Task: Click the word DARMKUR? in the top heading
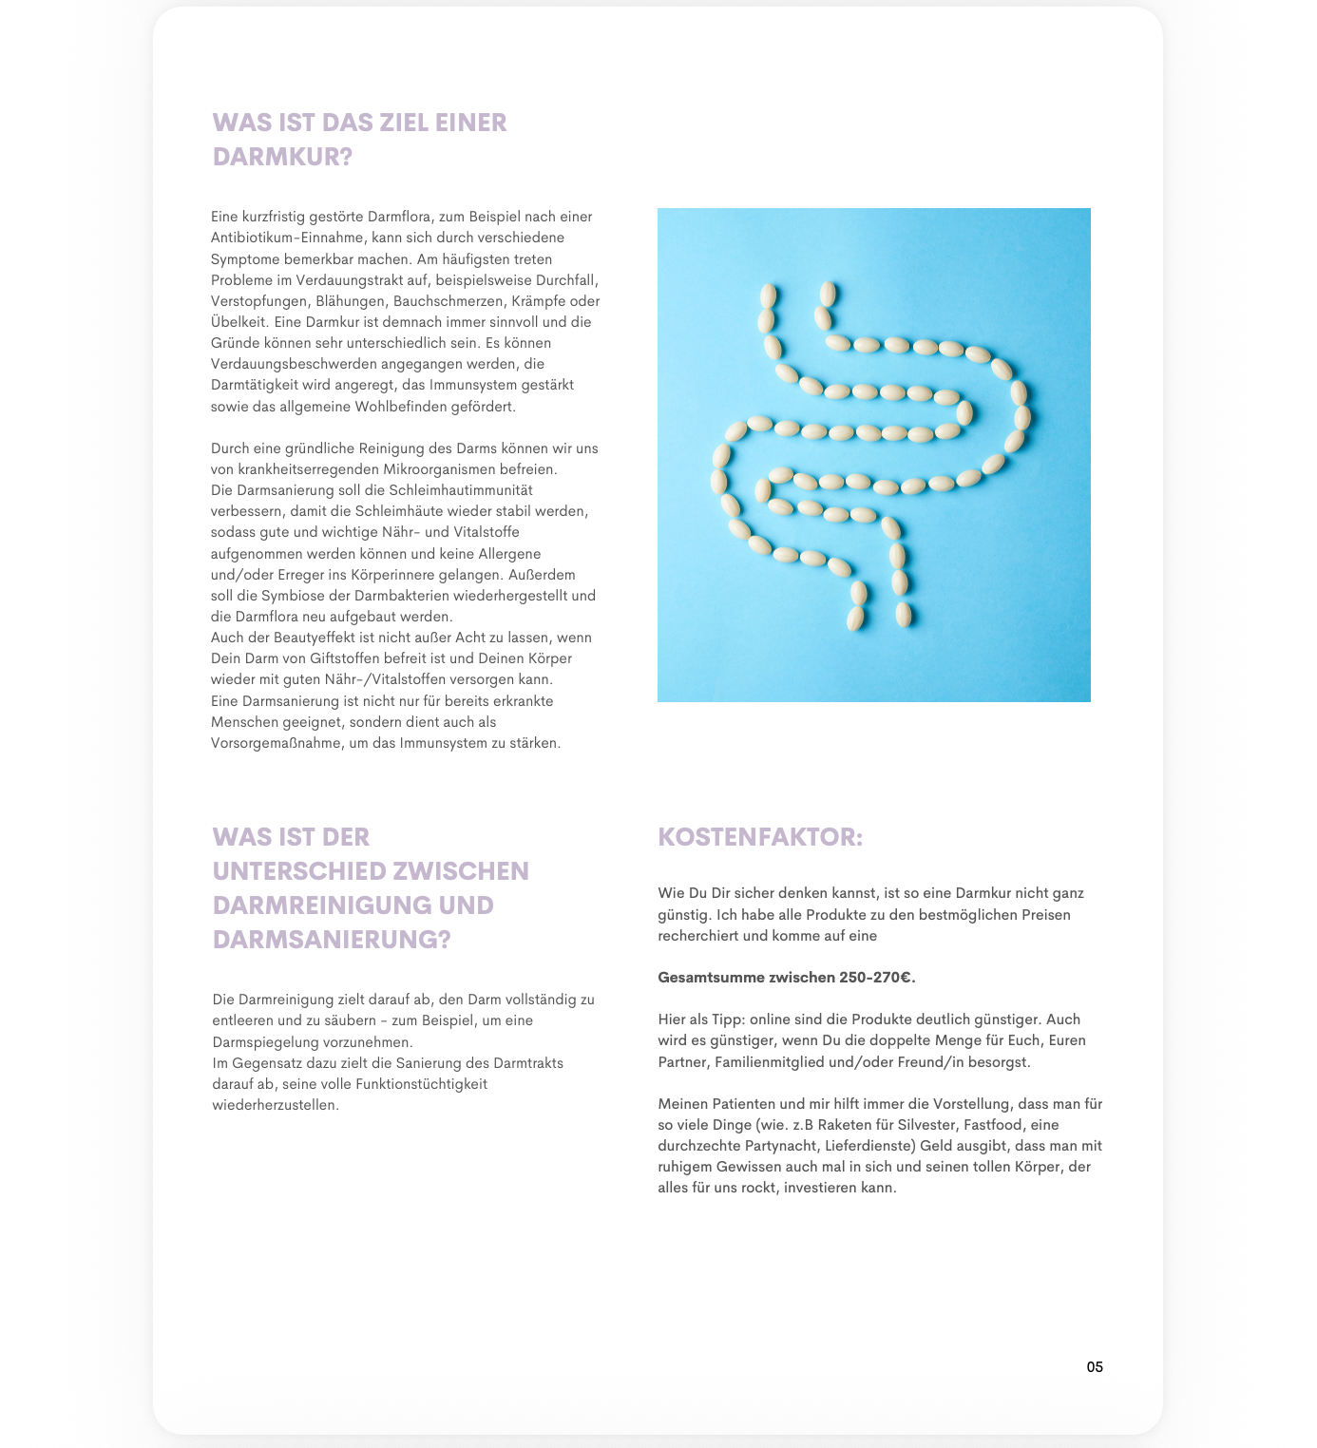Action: pyautogui.click(x=282, y=157)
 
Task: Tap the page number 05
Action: pyautogui.click(x=1095, y=1367)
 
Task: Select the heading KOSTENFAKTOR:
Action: pyautogui.click(x=760, y=837)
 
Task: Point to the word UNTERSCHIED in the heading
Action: pyautogui.click(x=306, y=870)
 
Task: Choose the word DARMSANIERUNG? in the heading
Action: pyautogui.click(x=332, y=939)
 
